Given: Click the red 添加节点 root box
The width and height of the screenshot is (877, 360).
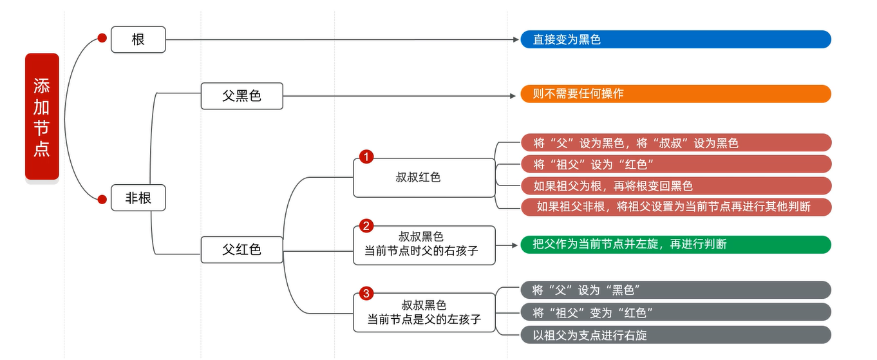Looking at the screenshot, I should pos(42,116).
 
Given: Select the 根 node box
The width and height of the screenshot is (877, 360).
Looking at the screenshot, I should pos(138,39).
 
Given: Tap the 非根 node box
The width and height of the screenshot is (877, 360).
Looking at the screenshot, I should pos(138,198).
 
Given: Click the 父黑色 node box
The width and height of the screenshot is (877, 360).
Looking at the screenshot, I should pos(241,96).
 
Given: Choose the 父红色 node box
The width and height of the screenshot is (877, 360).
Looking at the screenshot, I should pos(241,249).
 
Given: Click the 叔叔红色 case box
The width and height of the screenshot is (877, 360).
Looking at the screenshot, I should pos(424,178).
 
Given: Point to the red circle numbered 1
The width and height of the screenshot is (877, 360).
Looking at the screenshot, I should pos(366,156).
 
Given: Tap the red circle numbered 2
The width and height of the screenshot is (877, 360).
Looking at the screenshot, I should pos(366,226).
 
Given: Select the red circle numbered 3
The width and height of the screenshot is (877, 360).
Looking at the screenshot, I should pos(366,294).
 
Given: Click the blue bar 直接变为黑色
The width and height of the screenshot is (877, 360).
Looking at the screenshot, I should pos(675,39).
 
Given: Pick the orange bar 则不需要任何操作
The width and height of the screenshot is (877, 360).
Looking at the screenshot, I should pos(675,94).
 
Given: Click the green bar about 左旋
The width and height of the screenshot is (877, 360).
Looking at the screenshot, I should pos(675,245).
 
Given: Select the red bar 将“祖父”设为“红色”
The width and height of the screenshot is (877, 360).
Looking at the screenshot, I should pos(675,164).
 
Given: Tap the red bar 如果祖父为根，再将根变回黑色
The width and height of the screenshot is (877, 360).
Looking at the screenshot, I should pos(675,186).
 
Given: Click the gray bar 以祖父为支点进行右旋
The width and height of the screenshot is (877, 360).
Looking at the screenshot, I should pos(675,335).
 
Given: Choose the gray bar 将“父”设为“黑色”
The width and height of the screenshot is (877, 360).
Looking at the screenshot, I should pos(675,290).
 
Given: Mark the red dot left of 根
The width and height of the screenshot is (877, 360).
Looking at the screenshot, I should pos(102,39).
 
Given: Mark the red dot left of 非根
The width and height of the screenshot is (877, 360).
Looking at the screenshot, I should pos(102,199).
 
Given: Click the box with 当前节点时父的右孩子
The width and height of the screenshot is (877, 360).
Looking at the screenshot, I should pos(424,245).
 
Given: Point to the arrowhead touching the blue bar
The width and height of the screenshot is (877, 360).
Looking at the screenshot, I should pos(516,39).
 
